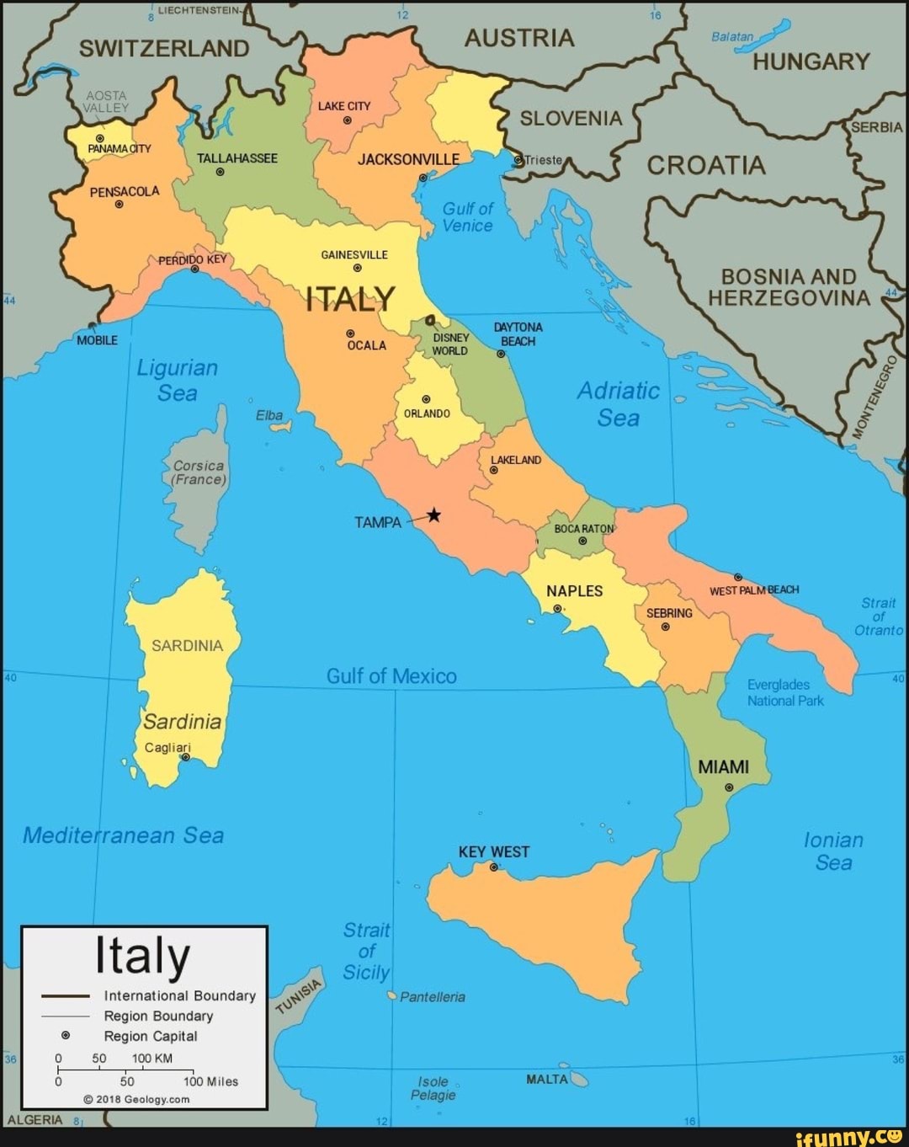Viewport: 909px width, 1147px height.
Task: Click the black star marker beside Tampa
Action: point(433,515)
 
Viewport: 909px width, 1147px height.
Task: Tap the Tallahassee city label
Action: point(237,158)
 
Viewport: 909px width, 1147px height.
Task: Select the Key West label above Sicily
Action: point(494,851)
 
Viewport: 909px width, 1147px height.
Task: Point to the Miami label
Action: point(723,767)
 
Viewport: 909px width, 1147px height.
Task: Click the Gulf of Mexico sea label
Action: point(391,676)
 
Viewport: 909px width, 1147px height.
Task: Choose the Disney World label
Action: point(450,344)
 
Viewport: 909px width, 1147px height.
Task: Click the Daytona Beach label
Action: point(518,333)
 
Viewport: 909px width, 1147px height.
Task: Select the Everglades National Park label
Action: point(785,692)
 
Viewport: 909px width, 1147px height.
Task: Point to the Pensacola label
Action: point(124,191)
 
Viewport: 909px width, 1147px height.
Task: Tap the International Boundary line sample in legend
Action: point(66,995)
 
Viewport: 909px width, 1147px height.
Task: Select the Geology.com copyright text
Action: point(136,1099)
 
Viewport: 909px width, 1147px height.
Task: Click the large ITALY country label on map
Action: point(349,298)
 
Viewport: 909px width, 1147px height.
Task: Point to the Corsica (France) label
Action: point(199,472)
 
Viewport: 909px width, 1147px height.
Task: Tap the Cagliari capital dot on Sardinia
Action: point(186,757)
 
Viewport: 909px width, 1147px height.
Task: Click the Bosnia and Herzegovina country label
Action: point(789,287)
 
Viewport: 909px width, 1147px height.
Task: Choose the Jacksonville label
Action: point(408,159)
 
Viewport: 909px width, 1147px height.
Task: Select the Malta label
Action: point(546,1079)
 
